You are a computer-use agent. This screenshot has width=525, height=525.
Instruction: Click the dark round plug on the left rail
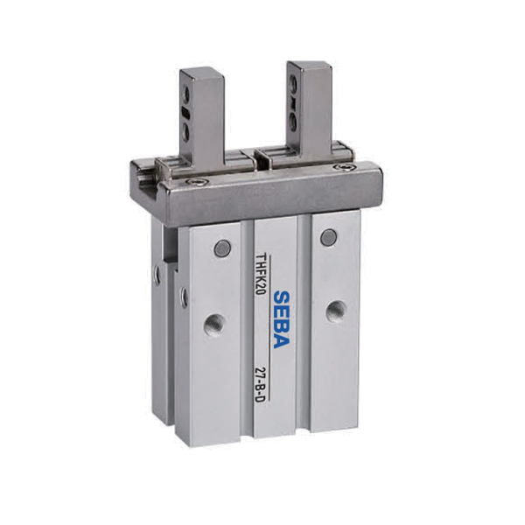click(222, 249)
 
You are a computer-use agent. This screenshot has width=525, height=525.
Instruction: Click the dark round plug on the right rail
click(328, 236)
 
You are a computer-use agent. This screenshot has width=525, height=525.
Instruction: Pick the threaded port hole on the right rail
click(334, 310)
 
